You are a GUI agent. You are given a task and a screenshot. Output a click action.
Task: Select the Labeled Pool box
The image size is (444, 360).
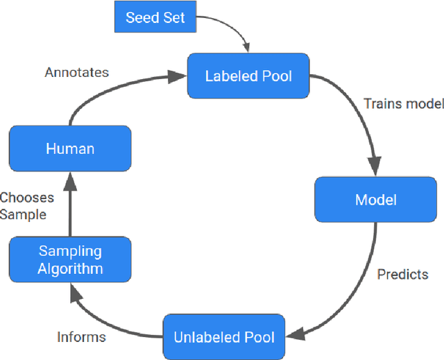pos(248,76)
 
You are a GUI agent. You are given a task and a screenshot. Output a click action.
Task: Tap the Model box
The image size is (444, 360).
pos(375,200)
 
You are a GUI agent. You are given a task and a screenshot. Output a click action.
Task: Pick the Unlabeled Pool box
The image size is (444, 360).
pos(223,338)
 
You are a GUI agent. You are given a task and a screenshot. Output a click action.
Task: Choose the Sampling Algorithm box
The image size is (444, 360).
pos(70,259)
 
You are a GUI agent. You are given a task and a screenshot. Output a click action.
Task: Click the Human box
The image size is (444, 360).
pos(69,148)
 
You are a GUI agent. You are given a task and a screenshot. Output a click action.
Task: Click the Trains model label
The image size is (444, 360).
pos(403,104)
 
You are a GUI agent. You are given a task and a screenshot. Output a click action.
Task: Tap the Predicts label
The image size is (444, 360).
pos(402,274)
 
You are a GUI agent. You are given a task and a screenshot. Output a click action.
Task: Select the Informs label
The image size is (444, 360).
pos(81,337)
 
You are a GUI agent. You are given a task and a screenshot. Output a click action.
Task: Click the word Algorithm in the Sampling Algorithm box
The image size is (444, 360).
pos(70,268)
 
